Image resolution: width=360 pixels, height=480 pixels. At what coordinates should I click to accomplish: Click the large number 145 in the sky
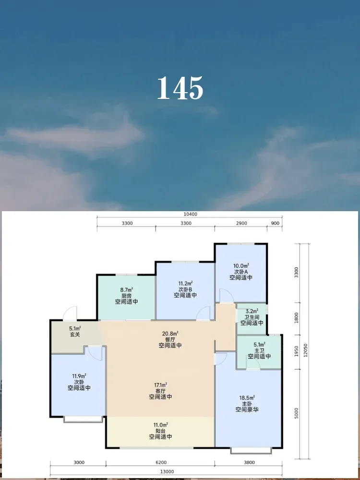pos(180,88)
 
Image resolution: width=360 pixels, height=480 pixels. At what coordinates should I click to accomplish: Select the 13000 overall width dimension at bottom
pos(167,472)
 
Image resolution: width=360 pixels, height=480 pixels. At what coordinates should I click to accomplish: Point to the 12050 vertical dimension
pos(305,351)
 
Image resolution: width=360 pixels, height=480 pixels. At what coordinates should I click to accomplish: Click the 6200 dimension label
pos(161,463)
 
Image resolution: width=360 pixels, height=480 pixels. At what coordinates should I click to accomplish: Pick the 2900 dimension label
pos(241,223)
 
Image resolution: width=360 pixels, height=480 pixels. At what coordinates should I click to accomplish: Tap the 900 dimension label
pos(275,223)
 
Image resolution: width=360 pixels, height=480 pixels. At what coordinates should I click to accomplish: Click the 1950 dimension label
pos(296,351)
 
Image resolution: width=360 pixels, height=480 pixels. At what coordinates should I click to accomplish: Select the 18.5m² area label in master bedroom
pos(247,397)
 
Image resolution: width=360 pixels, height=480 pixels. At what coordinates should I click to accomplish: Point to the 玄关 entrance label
pos(75,335)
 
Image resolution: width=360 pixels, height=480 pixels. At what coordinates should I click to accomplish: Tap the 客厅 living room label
pos(160,391)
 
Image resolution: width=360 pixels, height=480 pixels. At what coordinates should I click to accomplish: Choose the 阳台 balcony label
pos(160,431)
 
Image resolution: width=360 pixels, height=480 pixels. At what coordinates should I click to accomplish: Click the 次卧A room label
pos(241,272)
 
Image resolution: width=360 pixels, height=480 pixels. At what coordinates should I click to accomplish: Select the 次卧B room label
pos(185,289)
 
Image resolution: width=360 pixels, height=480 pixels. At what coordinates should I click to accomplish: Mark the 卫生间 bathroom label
pos(252,317)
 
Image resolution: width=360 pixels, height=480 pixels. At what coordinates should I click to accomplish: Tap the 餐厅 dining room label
pos(170,339)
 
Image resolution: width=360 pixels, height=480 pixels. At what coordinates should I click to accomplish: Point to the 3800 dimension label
pos(249,463)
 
